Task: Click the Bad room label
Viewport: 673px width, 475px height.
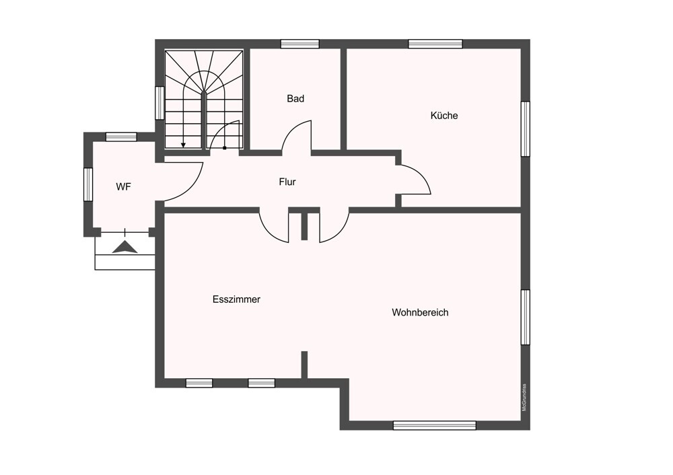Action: click(295, 99)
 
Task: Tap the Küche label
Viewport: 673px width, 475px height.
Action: click(444, 116)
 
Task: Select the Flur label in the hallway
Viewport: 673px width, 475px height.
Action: click(287, 182)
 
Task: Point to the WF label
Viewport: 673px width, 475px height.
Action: click(123, 186)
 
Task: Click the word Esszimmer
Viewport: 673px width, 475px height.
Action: click(236, 299)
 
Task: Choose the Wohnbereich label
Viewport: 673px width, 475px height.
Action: click(420, 312)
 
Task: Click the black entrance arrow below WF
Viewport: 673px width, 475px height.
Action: click(125, 248)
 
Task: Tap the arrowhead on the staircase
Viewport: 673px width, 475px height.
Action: click(183, 145)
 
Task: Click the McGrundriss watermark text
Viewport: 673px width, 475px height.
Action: click(524, 398)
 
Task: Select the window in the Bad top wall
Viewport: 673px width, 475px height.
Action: click(300, 44)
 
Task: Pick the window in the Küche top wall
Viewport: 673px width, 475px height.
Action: click(435, 44)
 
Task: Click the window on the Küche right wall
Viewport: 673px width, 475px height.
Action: click(526, 129)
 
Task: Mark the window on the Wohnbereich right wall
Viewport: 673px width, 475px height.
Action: click(526, 317)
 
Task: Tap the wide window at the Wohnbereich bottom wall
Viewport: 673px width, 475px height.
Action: click(434, 426)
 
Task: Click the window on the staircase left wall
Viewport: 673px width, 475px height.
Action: click(160, 103)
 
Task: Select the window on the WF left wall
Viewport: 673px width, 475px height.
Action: click(88, 184)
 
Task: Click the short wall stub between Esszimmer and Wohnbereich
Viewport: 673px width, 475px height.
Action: click(304, 365)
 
